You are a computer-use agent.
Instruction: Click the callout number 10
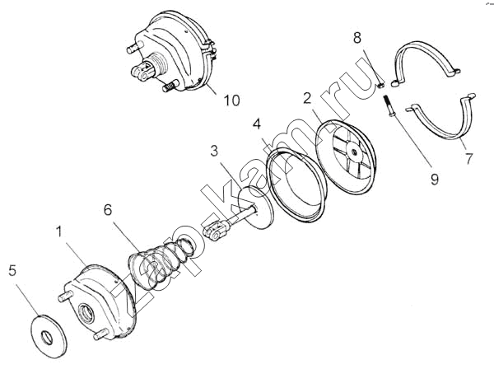[x=231, y=100]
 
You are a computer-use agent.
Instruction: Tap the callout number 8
[x=357, y=38]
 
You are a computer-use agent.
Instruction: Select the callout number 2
[x=307, y=98]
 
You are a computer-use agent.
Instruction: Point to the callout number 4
[x=258, y=125]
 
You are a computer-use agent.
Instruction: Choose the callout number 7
[x=468, y=157]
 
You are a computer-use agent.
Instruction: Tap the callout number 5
[x=12, y=269]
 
